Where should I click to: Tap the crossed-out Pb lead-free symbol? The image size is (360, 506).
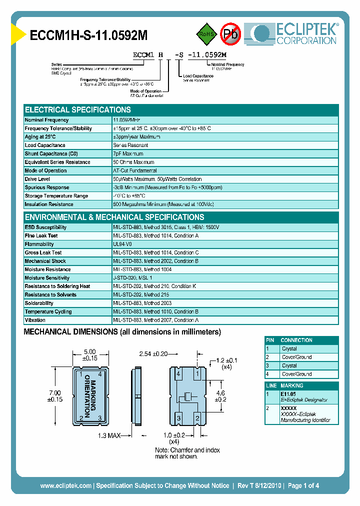point(230,34)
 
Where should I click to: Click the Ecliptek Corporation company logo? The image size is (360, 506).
point(295,33)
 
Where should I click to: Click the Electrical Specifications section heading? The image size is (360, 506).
point(78,110)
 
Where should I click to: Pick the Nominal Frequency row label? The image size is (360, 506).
point(47,120)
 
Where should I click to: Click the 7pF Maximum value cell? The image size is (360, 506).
point(128,154)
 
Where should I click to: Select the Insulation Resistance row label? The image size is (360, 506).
point(49,204)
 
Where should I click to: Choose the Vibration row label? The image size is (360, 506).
point(35,320)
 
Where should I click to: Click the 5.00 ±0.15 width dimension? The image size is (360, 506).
point(90,355)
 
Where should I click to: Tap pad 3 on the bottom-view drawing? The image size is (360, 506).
point(178,418)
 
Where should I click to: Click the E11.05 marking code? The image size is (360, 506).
point(288,394)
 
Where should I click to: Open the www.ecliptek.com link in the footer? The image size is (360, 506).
point(65,485)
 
